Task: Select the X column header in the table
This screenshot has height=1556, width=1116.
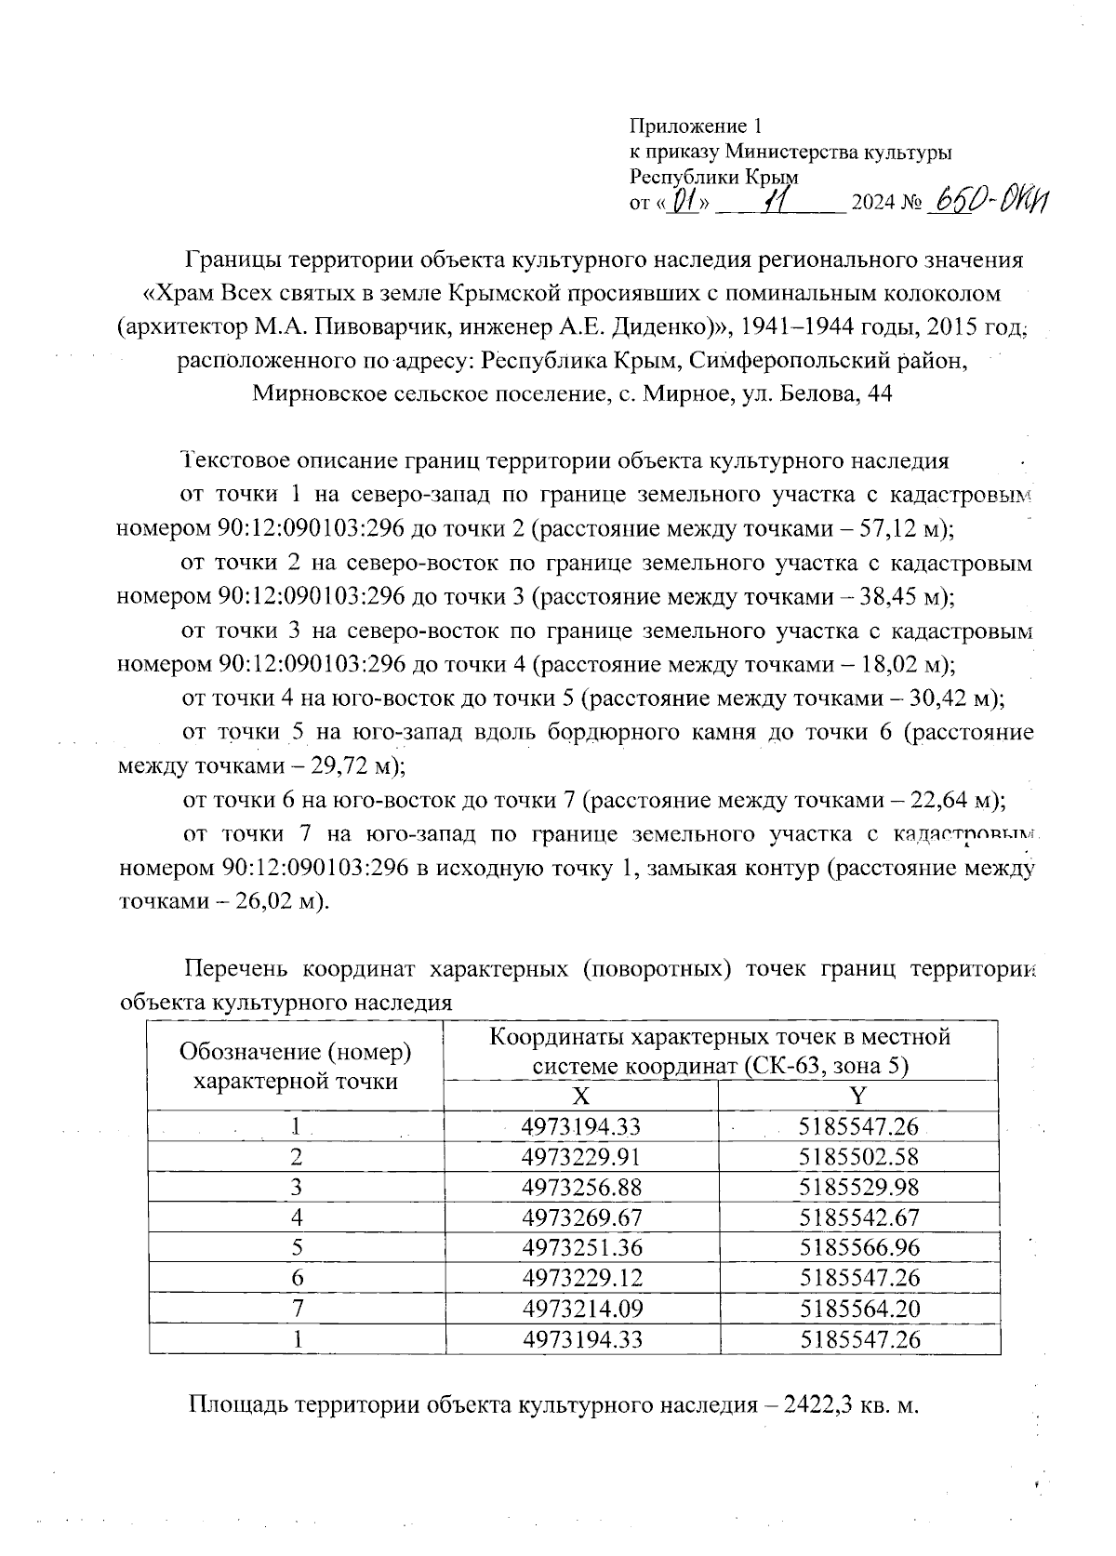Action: [x=581, y=1094]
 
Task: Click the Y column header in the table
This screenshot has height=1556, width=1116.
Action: [x=858, y=1094]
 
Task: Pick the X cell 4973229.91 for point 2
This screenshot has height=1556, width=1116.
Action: [x=582, y=1157]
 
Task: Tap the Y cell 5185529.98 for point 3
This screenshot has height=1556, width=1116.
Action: [x=859, y=1187]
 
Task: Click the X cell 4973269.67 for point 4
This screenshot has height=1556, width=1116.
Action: [x=582, y=1217]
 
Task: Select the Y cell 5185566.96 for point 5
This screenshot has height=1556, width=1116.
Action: [x=859, y=1247]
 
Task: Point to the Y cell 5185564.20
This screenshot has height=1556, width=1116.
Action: [x=859, y=1308]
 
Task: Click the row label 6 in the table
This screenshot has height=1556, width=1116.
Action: [x=297, y=1278]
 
